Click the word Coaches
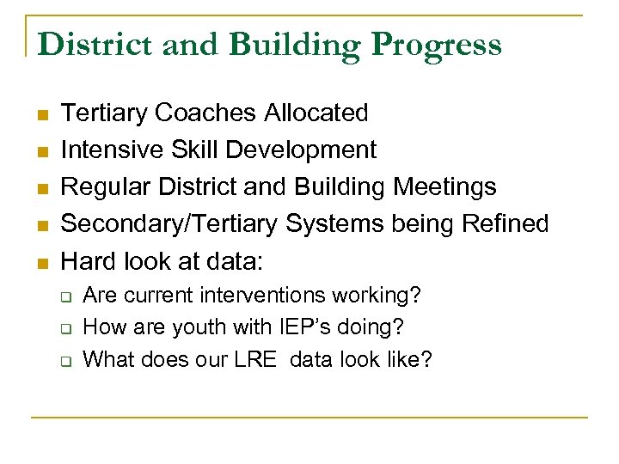pyautogui.click(x=211, y=113)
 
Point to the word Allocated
pyautogui.click(x=317, y=113)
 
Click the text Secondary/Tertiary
pyautogui.click(x=170, y=223)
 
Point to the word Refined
pyautogui.click(x=505, y=223)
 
